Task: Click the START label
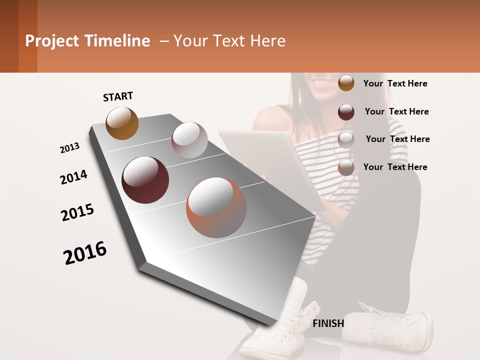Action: click(118, 96)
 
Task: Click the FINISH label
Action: click(328, 323)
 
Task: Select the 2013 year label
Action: click(69, 148)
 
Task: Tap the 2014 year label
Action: click(73, 177)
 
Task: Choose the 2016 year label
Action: click(85, 253)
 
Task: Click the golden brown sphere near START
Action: click(122, 123)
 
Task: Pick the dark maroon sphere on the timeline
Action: click(145, 180)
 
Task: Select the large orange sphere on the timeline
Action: click(216, 207)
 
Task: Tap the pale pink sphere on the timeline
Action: click(189, 140)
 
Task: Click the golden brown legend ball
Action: click(346, 83)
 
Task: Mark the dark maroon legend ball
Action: click(346, 112)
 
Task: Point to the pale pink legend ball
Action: click(346, 140)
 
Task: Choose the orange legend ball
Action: click(346, 167)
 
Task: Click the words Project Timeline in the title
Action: click(87, 41)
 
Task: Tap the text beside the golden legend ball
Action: click(395, 83)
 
